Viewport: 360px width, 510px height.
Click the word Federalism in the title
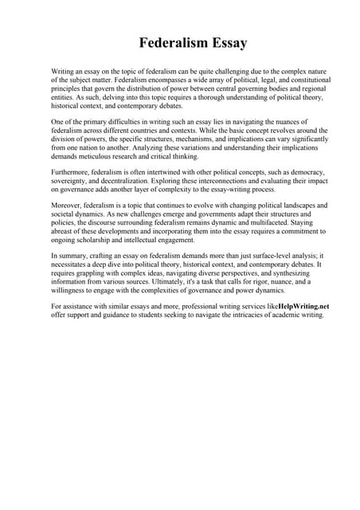pyautogui.click(x=171, y=42)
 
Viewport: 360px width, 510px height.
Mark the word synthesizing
pyautogui.click(x=295, y=273)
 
